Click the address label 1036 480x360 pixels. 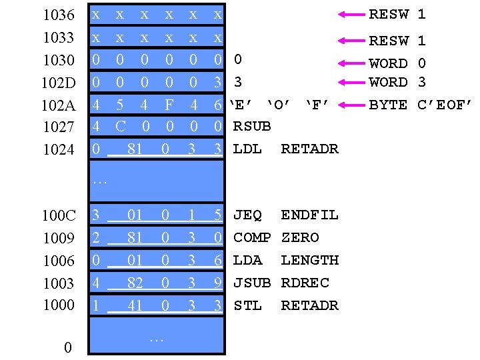pyautogui.click(x=58, y=15)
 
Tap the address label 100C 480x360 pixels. pyautogui.click(x=58, y=216)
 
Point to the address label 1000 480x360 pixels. pyautogui.click(x=58, y=305)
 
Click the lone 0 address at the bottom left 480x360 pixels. pyautogui.click(x=67, y=347)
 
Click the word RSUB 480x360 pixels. pyautogui.click(x=252, y=126)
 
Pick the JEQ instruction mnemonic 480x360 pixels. pyautogui.click(x=247, y=215)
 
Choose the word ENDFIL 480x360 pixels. pyautogui.click(x=309, y=215)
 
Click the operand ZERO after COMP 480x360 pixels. pyautogui.click(x=300, y=237)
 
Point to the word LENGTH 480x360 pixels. pyautogui.click(x=309, y=260)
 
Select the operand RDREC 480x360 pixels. pyautogui.click(x=305, y=283)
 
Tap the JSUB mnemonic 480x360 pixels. pyautogui.click(x=252, y=283)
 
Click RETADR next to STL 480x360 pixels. pyautogui.click(x=309, y=305)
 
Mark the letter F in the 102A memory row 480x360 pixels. pyautogui.click(x=169, y=105)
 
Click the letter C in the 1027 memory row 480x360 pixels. pyautogui.click(x=121, y=126)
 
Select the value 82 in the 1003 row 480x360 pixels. pyautogui.click(x=135, y=283)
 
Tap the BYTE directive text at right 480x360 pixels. pyautogui.click(x=388, y=105)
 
